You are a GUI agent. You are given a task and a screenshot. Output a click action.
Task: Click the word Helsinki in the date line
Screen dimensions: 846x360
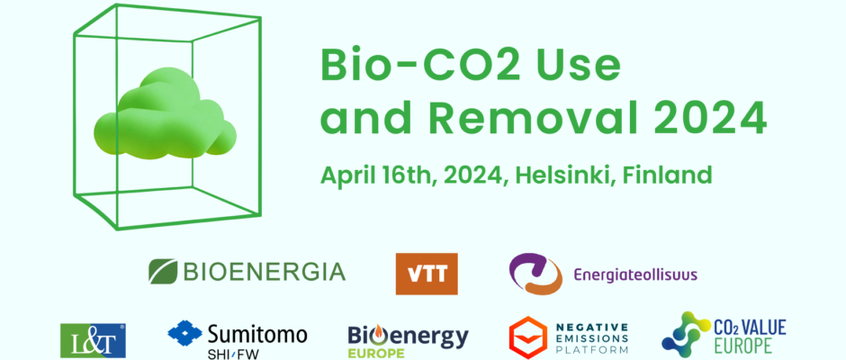[x=566, y=175]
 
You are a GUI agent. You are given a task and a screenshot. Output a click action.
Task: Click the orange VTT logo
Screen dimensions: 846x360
[x=427, y=274]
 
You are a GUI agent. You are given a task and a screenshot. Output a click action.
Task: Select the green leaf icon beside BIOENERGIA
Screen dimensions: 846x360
[x=163, y=271]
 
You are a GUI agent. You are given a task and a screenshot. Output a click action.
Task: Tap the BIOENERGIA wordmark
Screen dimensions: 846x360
[x=265, y=272]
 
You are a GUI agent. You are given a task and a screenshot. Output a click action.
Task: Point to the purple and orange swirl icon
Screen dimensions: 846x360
[x=528, y=274]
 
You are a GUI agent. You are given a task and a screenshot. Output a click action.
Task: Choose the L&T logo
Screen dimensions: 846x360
[x=93, y=340]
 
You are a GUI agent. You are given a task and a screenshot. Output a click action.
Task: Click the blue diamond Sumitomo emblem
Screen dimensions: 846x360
[x=184, y=332]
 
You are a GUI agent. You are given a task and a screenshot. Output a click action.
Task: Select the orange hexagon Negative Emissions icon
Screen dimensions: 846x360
[x=527, y=337]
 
